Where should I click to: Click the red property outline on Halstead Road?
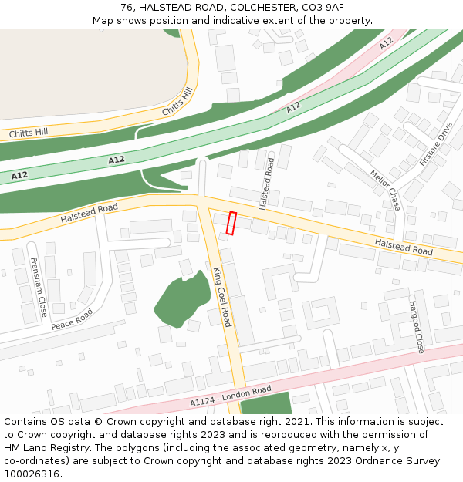(x=231, y=223)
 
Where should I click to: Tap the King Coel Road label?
(x=222, y=297)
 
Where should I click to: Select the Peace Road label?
(x=72, y=319)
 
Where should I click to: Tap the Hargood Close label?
(x=416, y=327)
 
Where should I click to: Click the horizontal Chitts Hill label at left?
(x=29, y=133)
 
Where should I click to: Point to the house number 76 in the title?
(x=127, y=8)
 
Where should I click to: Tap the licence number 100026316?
(x=32, y=474)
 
